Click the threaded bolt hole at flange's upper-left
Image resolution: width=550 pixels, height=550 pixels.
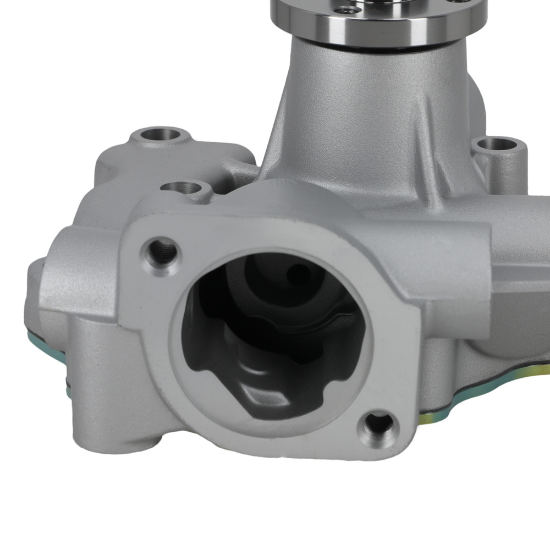click(162, 250)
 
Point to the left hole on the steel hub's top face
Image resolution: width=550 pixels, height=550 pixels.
click(344, 9)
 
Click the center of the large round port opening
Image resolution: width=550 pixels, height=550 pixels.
click(272, 335)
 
